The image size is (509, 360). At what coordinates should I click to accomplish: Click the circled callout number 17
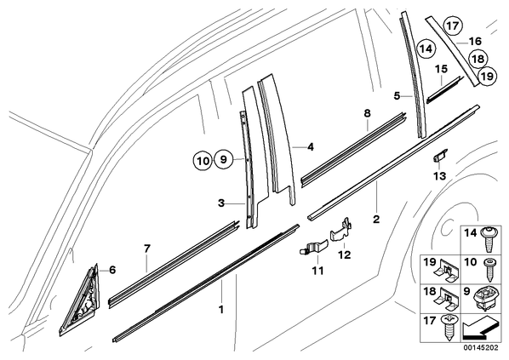(452, 26)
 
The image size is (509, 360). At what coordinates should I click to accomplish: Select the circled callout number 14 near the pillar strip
(426, 49)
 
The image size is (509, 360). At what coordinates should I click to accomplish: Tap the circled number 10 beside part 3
(203, 160)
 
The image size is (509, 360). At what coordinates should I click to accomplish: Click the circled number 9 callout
(223, 160)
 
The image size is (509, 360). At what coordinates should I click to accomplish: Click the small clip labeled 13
(440, 156)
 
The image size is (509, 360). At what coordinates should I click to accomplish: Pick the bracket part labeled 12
(341, 230)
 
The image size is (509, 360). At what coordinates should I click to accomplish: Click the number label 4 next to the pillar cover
(311, 147)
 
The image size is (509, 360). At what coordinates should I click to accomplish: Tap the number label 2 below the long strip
(376, 219)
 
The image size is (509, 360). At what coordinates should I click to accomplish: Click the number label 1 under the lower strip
(221, 310)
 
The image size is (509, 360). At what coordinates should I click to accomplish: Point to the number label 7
(147, 249)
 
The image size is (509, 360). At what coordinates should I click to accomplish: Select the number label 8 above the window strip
(367, 113)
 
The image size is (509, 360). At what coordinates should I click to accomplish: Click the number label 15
(441, 69)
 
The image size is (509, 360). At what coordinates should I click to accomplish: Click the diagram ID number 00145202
(481, 348)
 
